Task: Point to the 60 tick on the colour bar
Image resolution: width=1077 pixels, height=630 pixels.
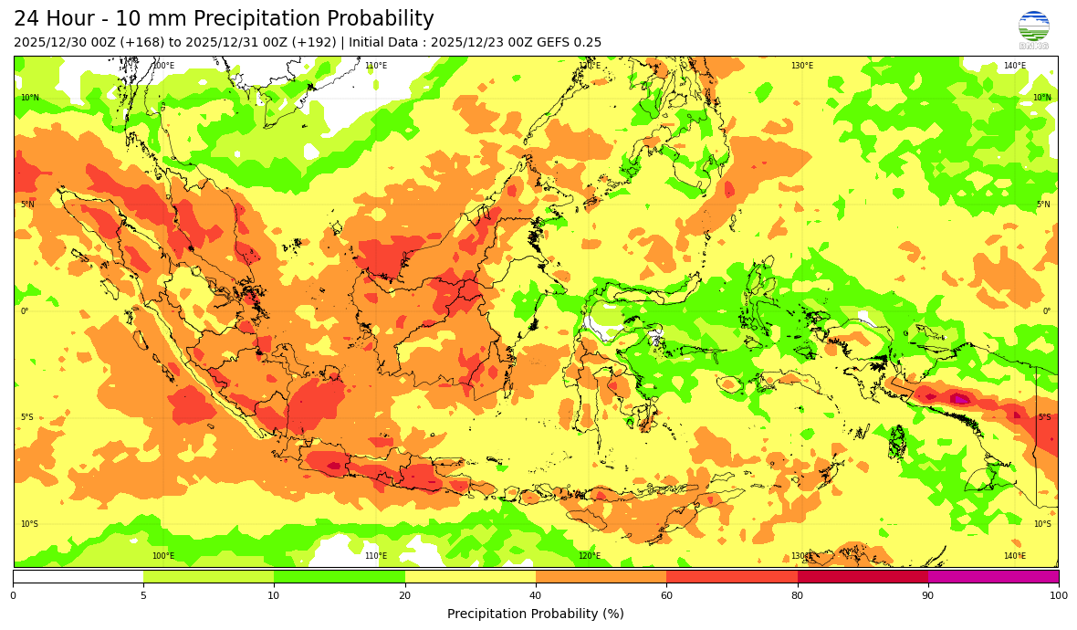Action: [x=666, y=595]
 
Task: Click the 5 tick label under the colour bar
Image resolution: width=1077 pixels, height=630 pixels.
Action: [x=143, y=595]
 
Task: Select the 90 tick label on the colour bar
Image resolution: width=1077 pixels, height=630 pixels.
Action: [x=927, y=595]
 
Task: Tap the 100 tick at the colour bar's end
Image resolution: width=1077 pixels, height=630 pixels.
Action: [x=1058, y=595]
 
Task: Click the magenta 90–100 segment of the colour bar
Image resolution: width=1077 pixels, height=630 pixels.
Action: [x=993, y=576]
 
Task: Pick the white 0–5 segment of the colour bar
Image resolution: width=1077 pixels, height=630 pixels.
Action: [x=78, y=576]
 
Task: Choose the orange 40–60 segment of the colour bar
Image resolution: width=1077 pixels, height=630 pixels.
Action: [x=601, y=576]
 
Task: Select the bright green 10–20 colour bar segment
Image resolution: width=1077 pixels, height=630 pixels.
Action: [x=340, y=576]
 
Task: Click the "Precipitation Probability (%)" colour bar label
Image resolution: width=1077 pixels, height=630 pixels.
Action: [x=536, y=614]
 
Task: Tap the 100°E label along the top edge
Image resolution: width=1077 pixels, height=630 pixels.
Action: [x=163, y=66]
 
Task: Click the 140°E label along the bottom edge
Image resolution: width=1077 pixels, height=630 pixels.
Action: [x=1014, y=556]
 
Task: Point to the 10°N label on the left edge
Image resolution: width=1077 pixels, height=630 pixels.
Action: [x=30, y=98]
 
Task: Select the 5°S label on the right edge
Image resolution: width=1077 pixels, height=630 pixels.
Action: [x=1044, y=417]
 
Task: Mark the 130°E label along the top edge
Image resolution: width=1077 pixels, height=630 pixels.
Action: [x=801, y=66]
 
